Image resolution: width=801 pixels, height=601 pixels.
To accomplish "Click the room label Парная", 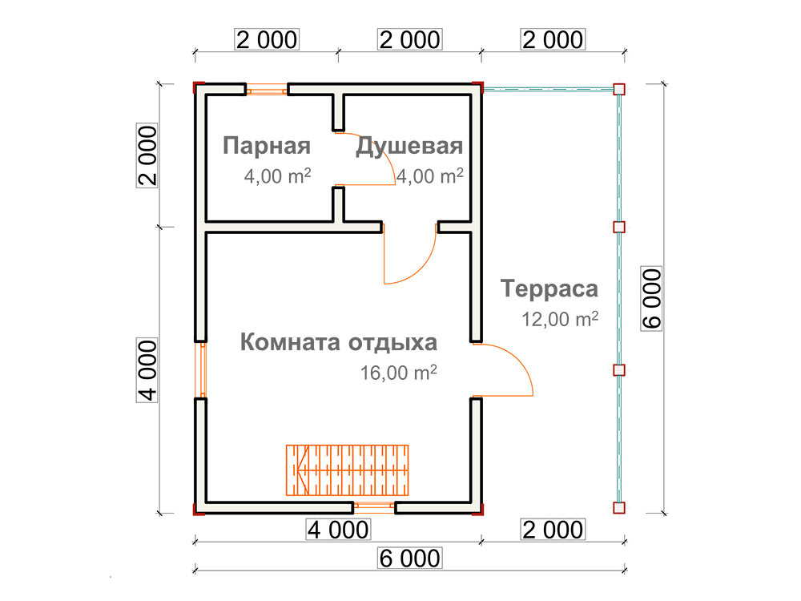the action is [267, 146].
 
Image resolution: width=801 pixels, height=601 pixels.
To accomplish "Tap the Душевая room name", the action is [409, 146].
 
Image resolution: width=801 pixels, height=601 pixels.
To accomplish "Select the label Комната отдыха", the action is [339, 342].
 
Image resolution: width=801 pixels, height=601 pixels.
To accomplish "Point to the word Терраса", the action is [549, 288].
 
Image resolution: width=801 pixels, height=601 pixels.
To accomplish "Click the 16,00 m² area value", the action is [398, 373].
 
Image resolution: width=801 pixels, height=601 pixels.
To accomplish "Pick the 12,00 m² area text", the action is [560, 319].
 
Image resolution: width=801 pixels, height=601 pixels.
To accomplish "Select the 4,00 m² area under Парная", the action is [277, 175].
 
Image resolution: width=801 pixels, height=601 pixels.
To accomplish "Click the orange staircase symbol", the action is [348, 470].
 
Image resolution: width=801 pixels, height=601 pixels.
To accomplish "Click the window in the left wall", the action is [203, 370].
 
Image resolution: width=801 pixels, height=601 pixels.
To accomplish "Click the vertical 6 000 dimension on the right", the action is [652, 298].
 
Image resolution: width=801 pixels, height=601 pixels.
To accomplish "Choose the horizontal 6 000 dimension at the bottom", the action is [409, 558].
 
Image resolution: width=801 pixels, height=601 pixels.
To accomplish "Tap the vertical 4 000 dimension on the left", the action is [147, 370].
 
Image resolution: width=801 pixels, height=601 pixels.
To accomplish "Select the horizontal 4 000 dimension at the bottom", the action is [338, 530].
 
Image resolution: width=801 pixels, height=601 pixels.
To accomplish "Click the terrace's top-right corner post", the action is [619, 90].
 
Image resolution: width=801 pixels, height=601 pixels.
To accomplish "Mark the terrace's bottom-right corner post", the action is [619, 508].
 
